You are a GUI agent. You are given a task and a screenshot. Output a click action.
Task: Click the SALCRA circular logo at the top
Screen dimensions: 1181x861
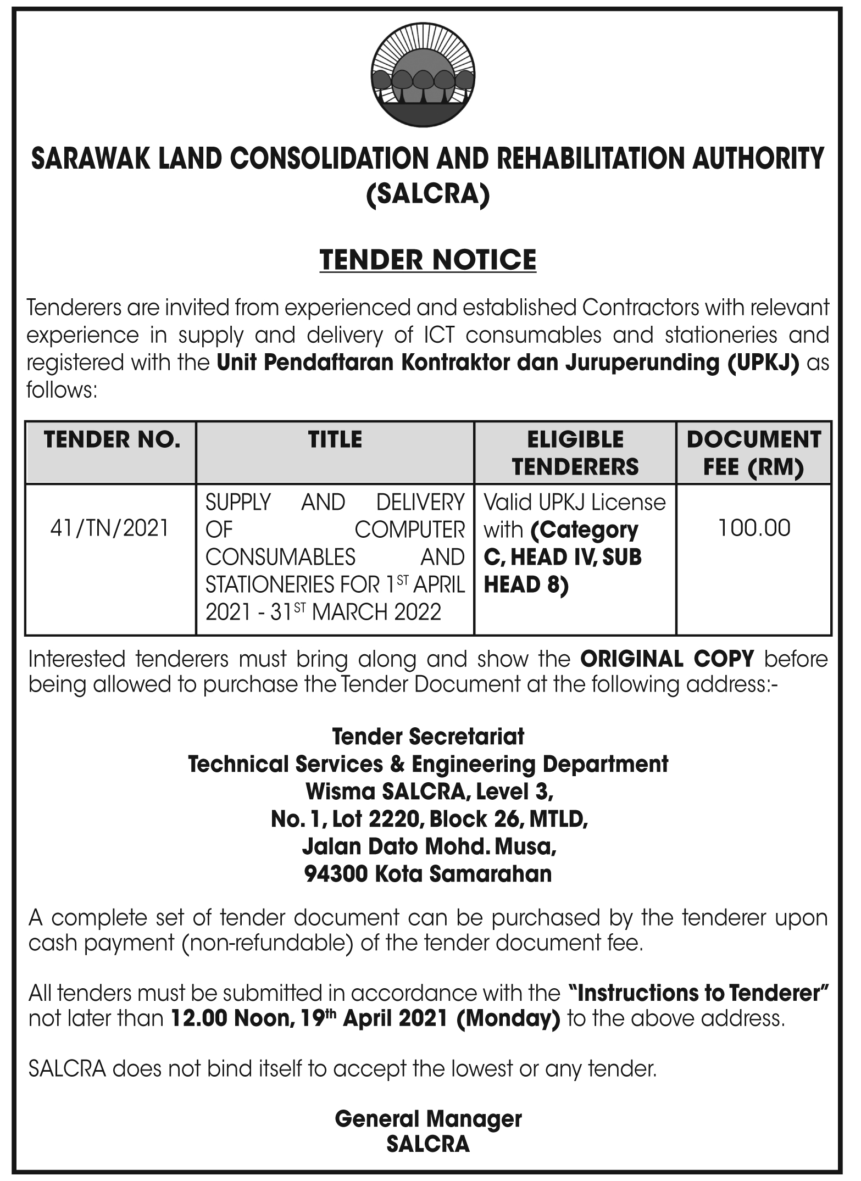(x=423, y=79)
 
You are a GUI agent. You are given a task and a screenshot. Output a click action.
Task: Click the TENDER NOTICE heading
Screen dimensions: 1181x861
(x=428, y=259)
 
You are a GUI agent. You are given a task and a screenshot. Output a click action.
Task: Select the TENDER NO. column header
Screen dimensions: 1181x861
(x=112, y=439)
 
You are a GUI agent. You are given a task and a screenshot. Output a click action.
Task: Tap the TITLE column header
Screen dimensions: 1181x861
(x=335, y=439)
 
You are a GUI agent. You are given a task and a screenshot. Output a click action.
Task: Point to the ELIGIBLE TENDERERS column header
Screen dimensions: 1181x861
(x=575, y=453)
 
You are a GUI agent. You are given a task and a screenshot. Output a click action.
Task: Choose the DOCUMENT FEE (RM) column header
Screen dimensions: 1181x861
(x=754, y=453)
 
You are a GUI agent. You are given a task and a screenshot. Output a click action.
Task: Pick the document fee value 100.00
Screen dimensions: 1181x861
(x=754, y=528)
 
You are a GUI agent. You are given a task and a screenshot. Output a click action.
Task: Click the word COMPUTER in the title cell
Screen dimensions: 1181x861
(x=409, y=530)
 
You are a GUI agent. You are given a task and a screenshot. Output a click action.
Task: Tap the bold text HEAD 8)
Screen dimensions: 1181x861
(x=526, y=584)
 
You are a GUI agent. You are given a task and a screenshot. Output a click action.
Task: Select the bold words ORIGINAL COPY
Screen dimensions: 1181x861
(x=667, y=659)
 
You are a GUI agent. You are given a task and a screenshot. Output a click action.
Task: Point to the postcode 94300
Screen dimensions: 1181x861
(x=336, y=873)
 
